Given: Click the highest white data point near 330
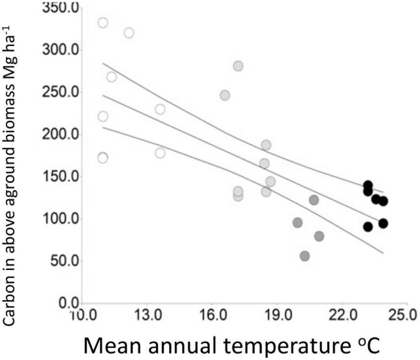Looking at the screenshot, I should pyautogui.click(x=103, y=23).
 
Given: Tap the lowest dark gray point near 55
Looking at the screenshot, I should pyautogui.click(x=305, y=256).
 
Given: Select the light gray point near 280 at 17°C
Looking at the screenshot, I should pyautogui.click(x=238, y=66).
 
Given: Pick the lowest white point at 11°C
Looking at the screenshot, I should pyautogui.click(x=103, y=158).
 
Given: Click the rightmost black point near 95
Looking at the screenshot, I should pyautogui.click(x=383, y=223).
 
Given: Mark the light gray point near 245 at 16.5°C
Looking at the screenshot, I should pyautogui.click(x=225, y=95).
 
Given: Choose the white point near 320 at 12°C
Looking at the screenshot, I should pyautogui.click(x=129, y=33).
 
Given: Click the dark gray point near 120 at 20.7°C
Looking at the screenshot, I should pyautogui.click(x=314, y=200).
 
